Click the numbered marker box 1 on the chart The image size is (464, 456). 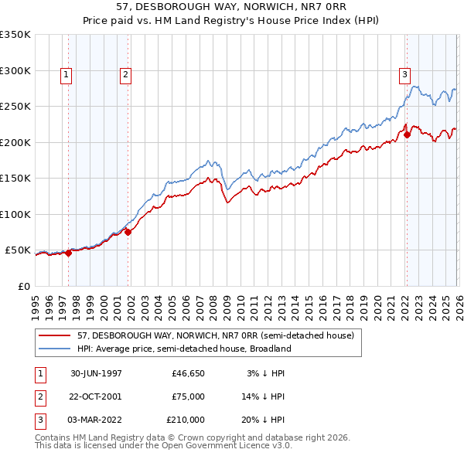pyautogui.click(x=67, y=75)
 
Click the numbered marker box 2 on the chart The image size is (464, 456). pyautogui.click(x=125, y=75)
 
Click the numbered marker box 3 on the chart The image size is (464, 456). pyautogui.click(x=404, y=75)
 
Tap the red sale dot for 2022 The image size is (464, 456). pyautogui.click(x=407, y=135)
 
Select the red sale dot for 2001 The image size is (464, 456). pyautogui.click(x=128, y=232)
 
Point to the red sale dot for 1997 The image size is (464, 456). pyautogui.click(x=69, y=252)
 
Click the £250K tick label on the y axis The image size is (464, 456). pyautogui.click(x=15, y=107)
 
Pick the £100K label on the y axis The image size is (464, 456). pyautogui.click(x=15, y=214)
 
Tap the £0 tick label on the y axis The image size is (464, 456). pyautogui.click(x=23, y=286)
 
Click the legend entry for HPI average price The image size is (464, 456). pyautogui.click(x=183, y=349)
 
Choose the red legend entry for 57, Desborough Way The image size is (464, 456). pyautogui.click(x=215, y=335)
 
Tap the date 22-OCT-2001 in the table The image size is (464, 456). pyautogui.click(x=96, y=396)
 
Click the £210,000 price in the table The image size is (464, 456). pyautogui.click(x=186, y=420)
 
